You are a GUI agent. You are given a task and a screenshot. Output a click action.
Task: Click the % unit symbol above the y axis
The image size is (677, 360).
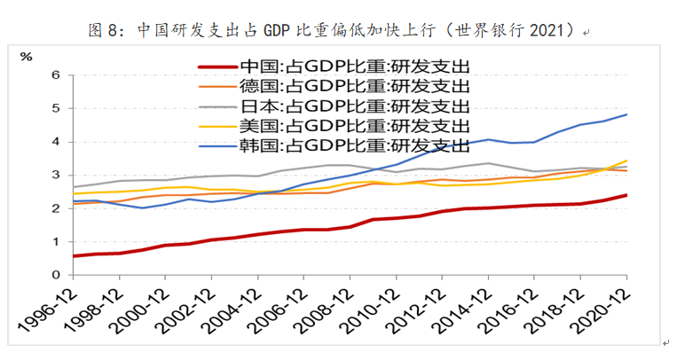(x=26, y=57)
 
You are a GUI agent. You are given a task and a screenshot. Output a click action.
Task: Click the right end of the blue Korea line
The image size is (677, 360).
(x=627, y=114)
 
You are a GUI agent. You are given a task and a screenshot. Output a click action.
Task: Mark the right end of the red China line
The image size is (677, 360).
(x=627, y=195)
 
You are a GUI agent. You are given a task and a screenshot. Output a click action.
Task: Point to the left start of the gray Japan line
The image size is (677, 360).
(x=74, y=187)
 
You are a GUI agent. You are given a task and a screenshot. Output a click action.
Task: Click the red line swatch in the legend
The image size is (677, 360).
(x=216, y=66)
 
